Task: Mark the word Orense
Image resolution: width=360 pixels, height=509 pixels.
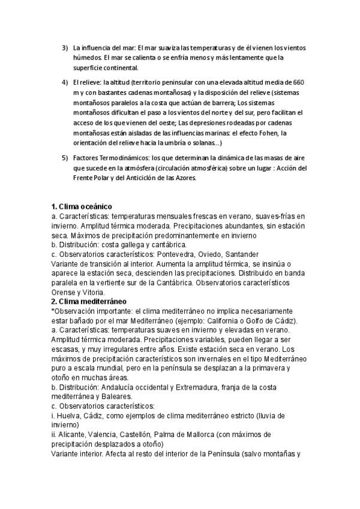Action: (x=65, y=292)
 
